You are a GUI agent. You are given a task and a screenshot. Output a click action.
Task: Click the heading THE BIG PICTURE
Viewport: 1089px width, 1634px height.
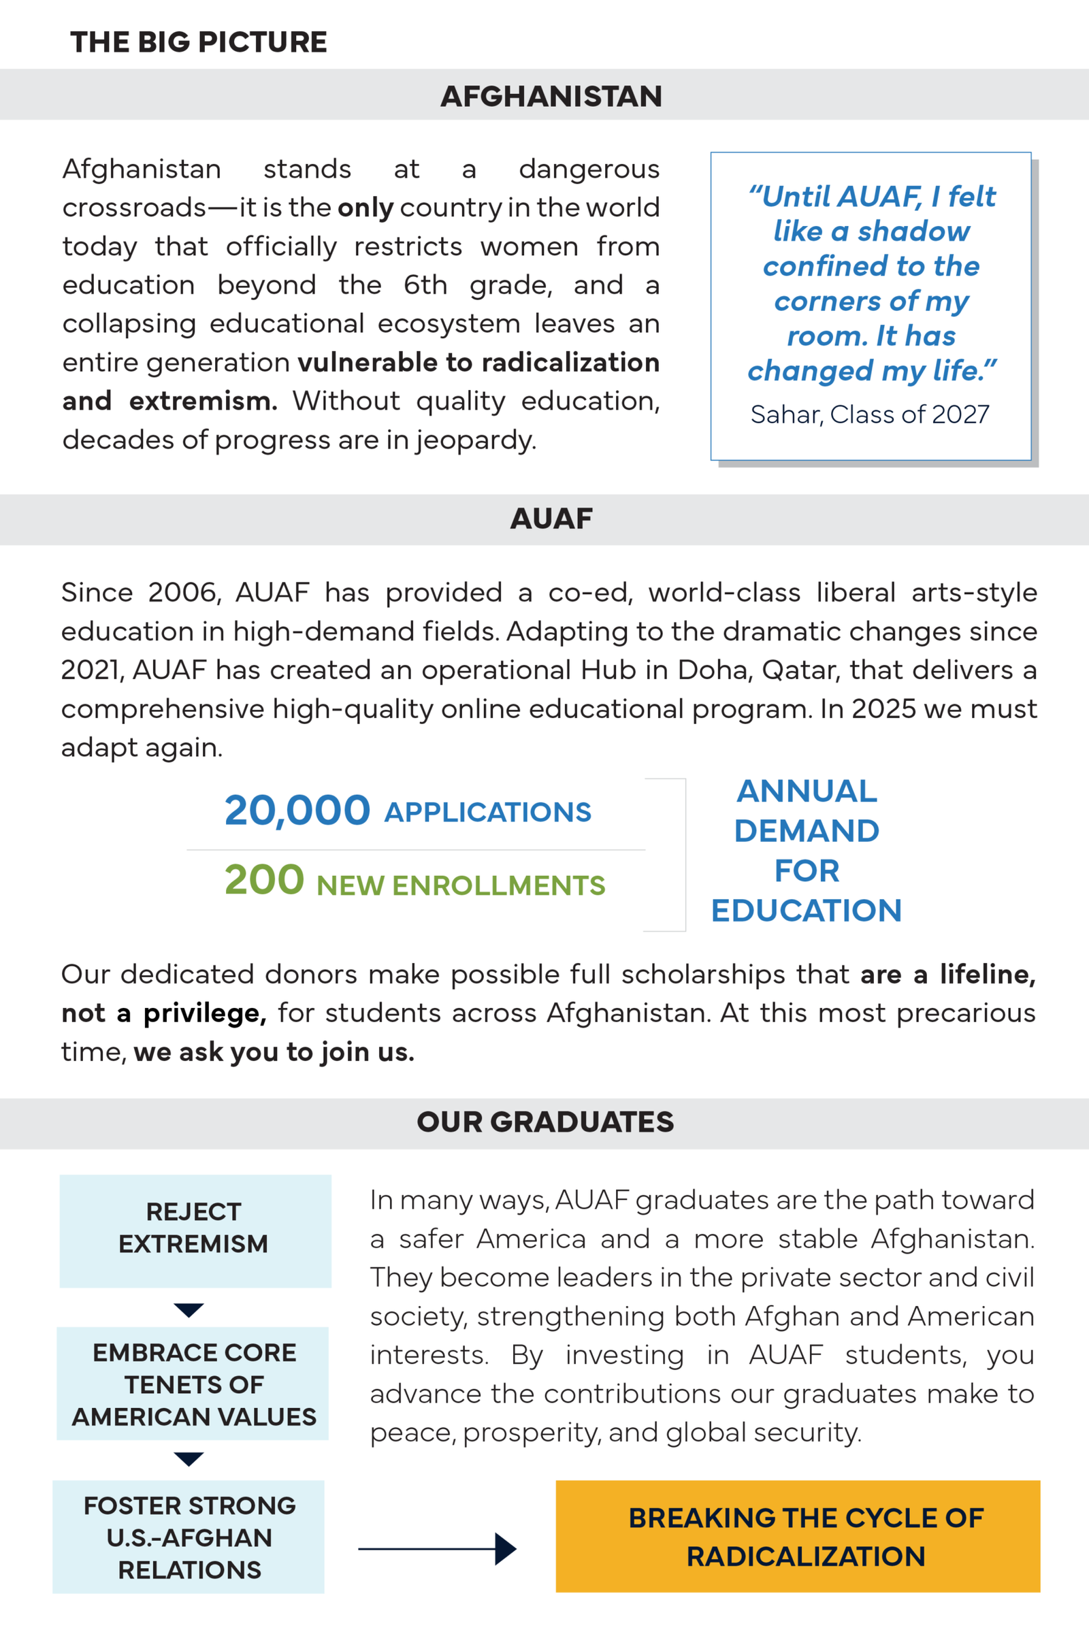199,42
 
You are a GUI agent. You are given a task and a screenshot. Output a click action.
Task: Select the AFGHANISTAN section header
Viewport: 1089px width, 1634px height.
551,96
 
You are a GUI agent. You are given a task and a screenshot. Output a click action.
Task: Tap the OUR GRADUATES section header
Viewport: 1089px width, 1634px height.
545,1122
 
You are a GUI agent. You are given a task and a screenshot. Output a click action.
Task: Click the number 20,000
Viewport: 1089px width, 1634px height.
297,811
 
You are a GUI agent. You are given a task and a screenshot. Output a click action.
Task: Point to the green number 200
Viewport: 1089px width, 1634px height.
264,880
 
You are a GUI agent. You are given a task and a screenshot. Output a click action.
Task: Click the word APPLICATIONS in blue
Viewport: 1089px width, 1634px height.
487,813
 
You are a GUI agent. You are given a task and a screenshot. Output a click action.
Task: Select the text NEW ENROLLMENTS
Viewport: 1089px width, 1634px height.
461,885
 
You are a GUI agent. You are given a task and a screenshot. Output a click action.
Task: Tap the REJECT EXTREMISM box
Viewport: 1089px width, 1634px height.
195,1230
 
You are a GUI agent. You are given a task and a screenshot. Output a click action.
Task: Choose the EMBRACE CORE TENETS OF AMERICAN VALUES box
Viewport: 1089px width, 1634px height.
193,1384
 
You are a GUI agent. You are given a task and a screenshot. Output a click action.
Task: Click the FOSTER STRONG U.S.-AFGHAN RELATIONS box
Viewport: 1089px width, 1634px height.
189,1536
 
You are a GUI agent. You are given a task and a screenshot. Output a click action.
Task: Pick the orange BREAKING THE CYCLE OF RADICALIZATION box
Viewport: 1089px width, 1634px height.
797,1536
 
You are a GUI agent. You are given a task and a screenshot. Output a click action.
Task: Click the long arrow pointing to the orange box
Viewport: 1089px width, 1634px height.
438,1548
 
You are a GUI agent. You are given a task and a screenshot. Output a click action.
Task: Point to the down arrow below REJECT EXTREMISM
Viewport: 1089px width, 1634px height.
189,1309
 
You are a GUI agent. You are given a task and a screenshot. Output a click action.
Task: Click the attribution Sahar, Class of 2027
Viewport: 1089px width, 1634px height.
870,414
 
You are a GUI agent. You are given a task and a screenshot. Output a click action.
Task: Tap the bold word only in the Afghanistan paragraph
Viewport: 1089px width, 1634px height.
366,208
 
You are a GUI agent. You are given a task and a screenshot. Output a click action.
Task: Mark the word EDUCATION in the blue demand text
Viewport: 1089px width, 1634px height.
807,911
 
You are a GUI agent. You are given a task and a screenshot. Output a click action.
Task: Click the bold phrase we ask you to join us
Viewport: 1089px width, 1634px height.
274,1052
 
